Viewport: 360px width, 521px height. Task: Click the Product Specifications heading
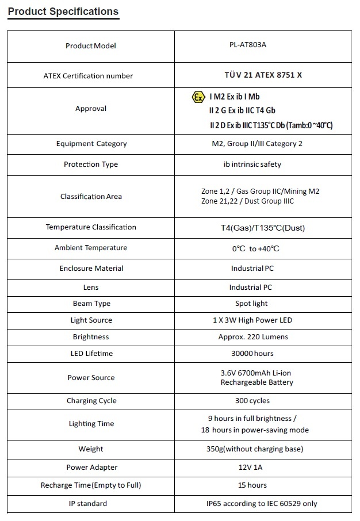(x=63, y=12)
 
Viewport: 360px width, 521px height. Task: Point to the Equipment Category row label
(x=91, y=144)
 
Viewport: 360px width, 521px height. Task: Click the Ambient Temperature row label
(x=91, y=248)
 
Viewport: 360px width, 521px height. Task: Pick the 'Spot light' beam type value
(x=251, y=304)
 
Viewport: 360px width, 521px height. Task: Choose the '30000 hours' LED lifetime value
(x=252, y=354)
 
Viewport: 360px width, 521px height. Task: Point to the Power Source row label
(x=91, y=378)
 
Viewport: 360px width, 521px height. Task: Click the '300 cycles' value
(x=252, y=401)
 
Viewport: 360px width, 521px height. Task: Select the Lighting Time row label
(x=91, y=424)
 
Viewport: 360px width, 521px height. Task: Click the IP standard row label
(x=91, y=504)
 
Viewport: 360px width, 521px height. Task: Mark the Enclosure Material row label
(x=91, y=269)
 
